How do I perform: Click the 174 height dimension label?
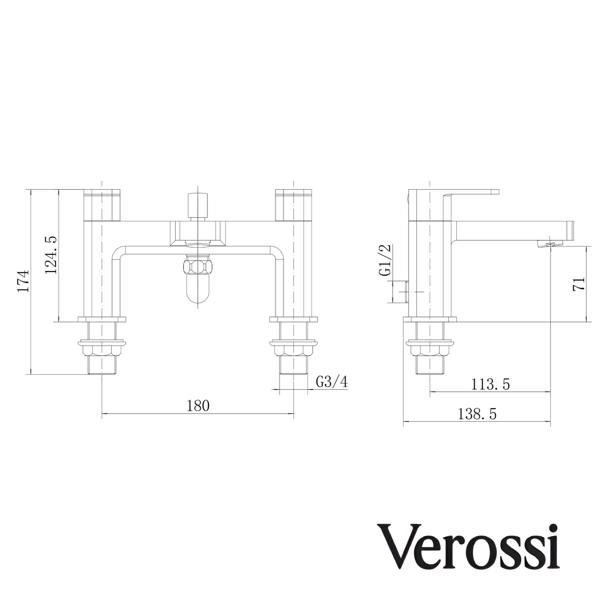tap(24, 281)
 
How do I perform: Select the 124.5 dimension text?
tap(52, 255)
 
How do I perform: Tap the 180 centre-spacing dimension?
tap(197, 406)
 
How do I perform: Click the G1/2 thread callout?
tap(385, 260)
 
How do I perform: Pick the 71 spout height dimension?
tap(579, 284)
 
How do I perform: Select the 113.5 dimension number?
tap(491, 385)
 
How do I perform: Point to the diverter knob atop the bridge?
tap(198, 204)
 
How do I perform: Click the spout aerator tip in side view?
tap(549, 244)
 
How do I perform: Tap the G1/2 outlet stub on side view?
tap(399, 291)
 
